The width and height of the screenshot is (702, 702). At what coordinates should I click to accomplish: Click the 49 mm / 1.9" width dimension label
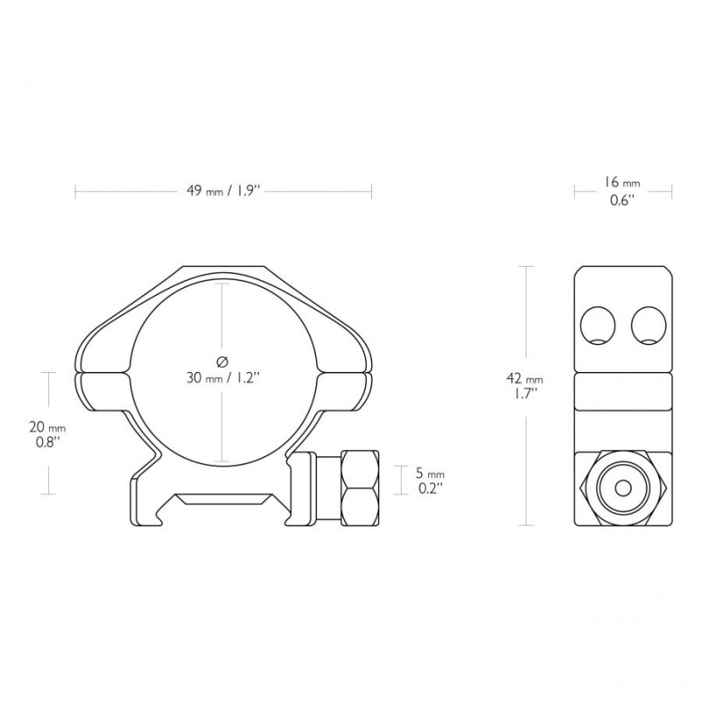pos(223,191)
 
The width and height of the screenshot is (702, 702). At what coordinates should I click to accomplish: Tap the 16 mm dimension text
pos(622,183)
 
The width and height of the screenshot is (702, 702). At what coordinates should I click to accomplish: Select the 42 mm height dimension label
pos(525,379)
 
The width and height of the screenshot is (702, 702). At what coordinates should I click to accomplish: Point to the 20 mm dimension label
pos(47,427)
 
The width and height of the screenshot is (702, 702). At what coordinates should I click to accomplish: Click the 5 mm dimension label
pos(430,473)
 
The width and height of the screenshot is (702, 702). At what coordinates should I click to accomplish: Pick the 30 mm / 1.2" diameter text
pos(223,378)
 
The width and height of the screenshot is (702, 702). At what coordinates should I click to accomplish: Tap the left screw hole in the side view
pos(598,326)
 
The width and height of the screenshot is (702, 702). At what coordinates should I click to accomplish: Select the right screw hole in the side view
pos(648,326)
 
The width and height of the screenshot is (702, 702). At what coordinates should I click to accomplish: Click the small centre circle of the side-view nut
pos(623,488)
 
